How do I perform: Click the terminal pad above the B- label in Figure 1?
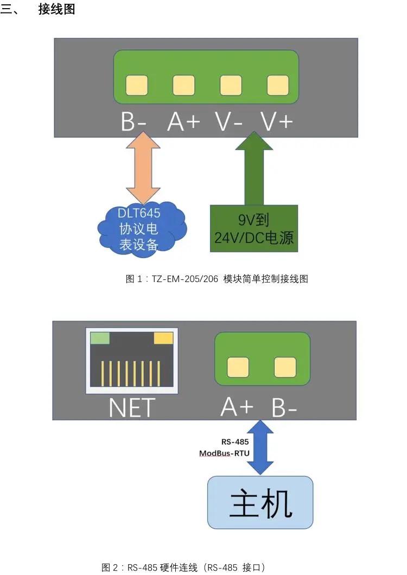[137, 85]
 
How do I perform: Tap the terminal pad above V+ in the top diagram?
[278, 85]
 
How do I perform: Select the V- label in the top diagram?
[228, 122]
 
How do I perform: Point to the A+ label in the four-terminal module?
[183, 122]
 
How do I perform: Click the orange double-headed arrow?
[143, 168]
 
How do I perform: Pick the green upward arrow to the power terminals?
[254, 168]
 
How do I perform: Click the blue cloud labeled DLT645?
[142, 229]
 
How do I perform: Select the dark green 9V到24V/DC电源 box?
[254, 228]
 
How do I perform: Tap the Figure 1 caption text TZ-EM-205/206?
[185, 279]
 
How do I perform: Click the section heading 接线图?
[57, 9]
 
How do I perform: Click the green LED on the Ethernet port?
[100, 338]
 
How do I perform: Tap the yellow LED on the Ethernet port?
[163, 338]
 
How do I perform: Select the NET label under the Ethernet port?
[132, 408]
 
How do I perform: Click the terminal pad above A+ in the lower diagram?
[238, 367]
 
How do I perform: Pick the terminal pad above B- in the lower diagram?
[285, 367]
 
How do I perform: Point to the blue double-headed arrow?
[260, 448]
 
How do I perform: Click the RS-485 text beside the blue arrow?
[235, 442]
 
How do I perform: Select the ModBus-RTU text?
[224, 453]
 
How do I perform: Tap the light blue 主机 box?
[260, 502]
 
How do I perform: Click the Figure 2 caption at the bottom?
[183, 567]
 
